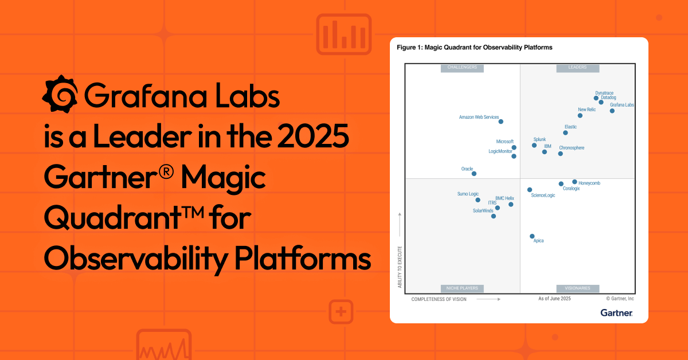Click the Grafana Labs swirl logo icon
(60, 94)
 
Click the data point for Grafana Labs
(612, 111)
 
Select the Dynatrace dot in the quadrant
(596, 98)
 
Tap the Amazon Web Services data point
(501, 122)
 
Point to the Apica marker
(532, 236)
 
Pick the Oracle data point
(474, 174)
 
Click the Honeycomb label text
(589, 183)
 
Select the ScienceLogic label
(543, 195)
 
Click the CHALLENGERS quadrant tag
(462, 68)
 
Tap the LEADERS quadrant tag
(577, 68)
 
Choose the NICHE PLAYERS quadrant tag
(462, 288)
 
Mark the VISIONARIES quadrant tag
(577, 288)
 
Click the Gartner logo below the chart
(616, 312)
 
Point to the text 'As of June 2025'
(554, 299)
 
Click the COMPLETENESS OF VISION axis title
(439, 299)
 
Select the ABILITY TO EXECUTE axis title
(400, 266)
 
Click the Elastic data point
(565, 132)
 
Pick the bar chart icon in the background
(343, 34)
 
